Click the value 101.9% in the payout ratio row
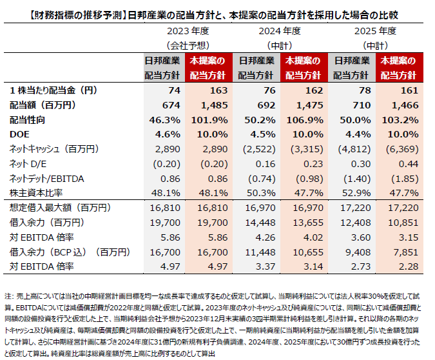(x=213, y=120)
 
